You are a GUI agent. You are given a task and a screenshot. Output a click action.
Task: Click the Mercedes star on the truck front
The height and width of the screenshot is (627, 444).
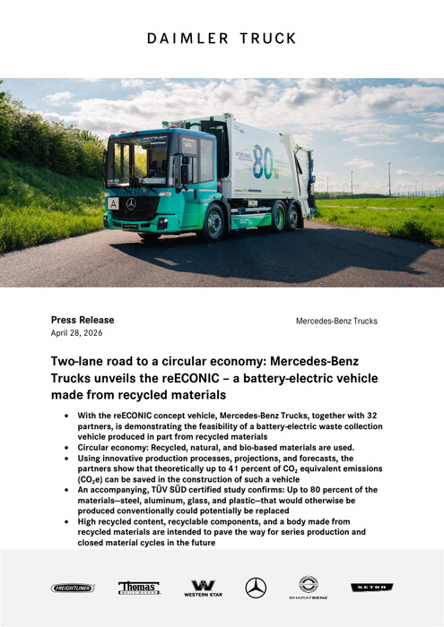point(131,204)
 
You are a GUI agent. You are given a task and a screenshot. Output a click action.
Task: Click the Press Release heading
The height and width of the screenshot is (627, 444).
point(83,320)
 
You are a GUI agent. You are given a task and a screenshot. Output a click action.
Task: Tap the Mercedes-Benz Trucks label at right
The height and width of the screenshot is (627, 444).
point(336,321)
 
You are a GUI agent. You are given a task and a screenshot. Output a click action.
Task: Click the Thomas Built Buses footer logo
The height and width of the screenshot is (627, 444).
point(139,588)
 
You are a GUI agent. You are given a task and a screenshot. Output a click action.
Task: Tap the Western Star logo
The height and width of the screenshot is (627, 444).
point(203,588)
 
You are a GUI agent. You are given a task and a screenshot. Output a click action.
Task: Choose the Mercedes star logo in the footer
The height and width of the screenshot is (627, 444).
point(256,588)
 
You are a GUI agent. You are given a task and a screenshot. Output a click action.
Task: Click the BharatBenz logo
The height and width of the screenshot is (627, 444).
point(308,588)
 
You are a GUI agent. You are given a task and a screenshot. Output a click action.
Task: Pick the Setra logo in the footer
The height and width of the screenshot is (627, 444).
point(370,588)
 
